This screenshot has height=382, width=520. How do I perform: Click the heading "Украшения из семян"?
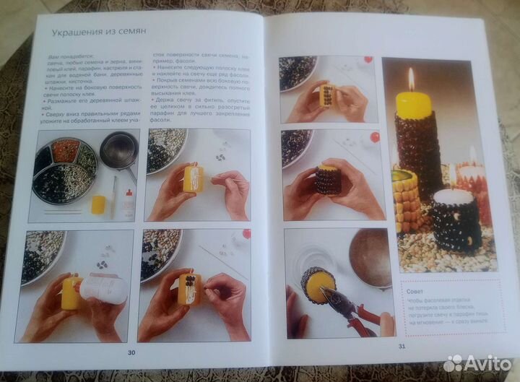99,32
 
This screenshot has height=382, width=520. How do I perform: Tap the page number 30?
131,352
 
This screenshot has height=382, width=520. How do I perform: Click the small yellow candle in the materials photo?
97,204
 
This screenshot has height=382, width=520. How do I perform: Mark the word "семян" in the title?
131,32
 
